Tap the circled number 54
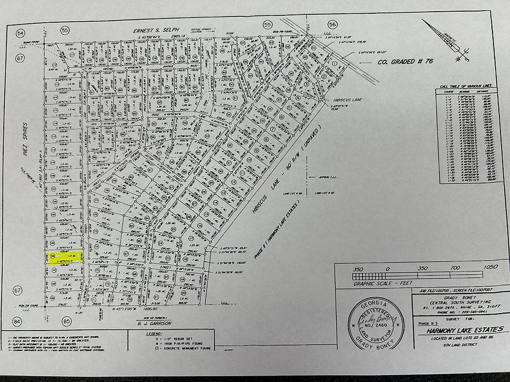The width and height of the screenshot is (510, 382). click(21, 33)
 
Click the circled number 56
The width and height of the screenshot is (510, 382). click(333, 24)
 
